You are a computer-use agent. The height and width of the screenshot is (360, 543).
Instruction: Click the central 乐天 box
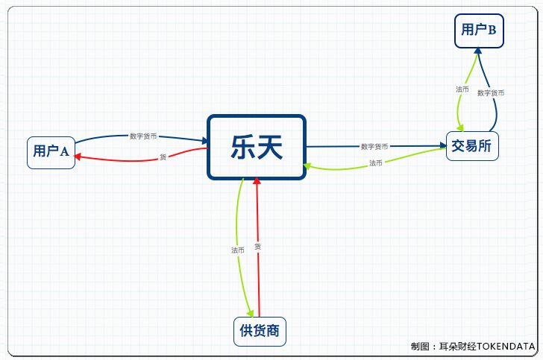[257, 148]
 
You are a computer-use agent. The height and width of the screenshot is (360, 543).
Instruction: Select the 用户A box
[51, 152]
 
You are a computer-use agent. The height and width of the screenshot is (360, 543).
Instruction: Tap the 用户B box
[479, 30]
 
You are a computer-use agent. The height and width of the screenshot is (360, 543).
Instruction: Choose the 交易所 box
[471, 146]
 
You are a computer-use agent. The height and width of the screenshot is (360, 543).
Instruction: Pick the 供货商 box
[260, 331]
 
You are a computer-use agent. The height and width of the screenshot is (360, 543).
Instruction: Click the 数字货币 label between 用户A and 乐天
[143, 136]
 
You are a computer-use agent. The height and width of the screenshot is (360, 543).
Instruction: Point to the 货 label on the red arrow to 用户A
[163, 157]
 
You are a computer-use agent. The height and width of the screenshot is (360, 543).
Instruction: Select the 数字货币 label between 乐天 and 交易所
[374, 147]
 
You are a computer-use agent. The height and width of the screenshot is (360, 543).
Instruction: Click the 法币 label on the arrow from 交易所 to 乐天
[375, 162]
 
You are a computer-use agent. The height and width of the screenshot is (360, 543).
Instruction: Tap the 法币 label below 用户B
[462, 89]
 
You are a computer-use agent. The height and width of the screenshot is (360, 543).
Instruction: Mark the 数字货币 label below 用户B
[491, 93]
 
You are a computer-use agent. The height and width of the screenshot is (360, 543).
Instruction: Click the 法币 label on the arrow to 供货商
[238, 250]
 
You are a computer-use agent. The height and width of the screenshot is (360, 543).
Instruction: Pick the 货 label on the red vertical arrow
[257, 246]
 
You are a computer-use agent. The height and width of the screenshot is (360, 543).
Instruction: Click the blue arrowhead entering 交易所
[442, 146]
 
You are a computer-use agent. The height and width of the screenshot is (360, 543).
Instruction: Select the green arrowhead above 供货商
[249, 314]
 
